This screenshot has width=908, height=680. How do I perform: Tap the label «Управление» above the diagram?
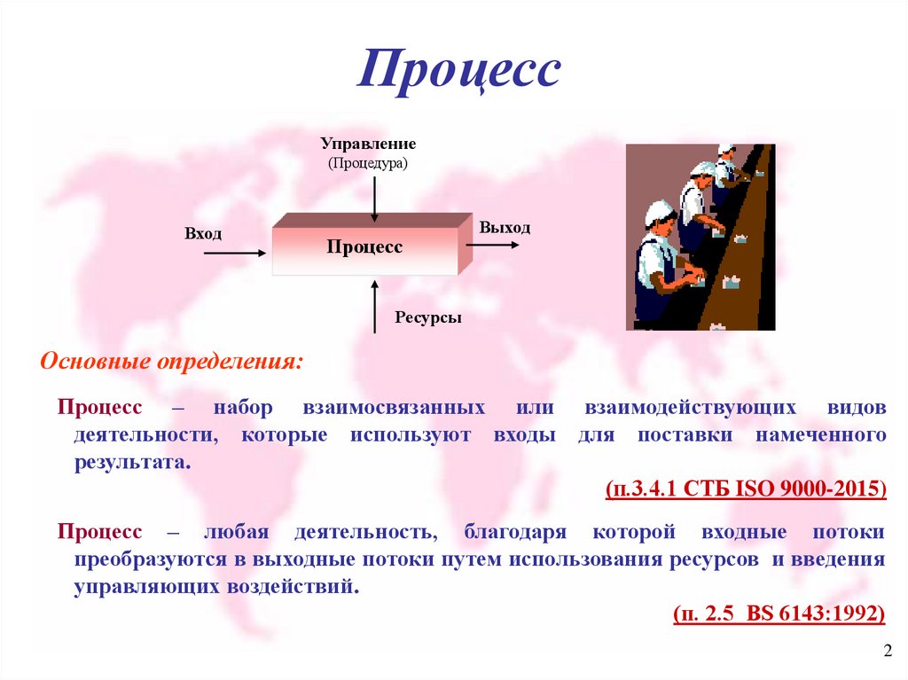(368, 144)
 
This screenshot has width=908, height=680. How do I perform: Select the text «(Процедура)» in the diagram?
(368, 163)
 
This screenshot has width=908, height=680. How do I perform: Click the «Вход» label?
(203, 233)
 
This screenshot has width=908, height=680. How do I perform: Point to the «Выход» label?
(505, 228)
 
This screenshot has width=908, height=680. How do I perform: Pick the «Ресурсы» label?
(428, 317)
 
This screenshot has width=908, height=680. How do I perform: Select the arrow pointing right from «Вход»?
(234, 253)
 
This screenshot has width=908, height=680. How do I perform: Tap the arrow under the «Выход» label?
(493, 245)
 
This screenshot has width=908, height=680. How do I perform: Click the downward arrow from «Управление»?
(375, 199)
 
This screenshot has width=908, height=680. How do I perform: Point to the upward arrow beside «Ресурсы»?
(375, 307)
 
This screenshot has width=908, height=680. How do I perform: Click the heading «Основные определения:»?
(171, 362)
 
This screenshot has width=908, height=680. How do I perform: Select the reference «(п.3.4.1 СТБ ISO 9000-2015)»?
(746, 489)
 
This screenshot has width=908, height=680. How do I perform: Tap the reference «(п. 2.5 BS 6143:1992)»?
(779, 613)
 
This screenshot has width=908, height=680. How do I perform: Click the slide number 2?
(888, 651)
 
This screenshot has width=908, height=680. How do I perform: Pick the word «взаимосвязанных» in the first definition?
(394, 407)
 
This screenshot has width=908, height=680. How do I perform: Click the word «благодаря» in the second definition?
(515, 532)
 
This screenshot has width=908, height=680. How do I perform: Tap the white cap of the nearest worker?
(659, 211)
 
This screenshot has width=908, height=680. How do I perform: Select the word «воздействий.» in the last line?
(293, 587)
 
